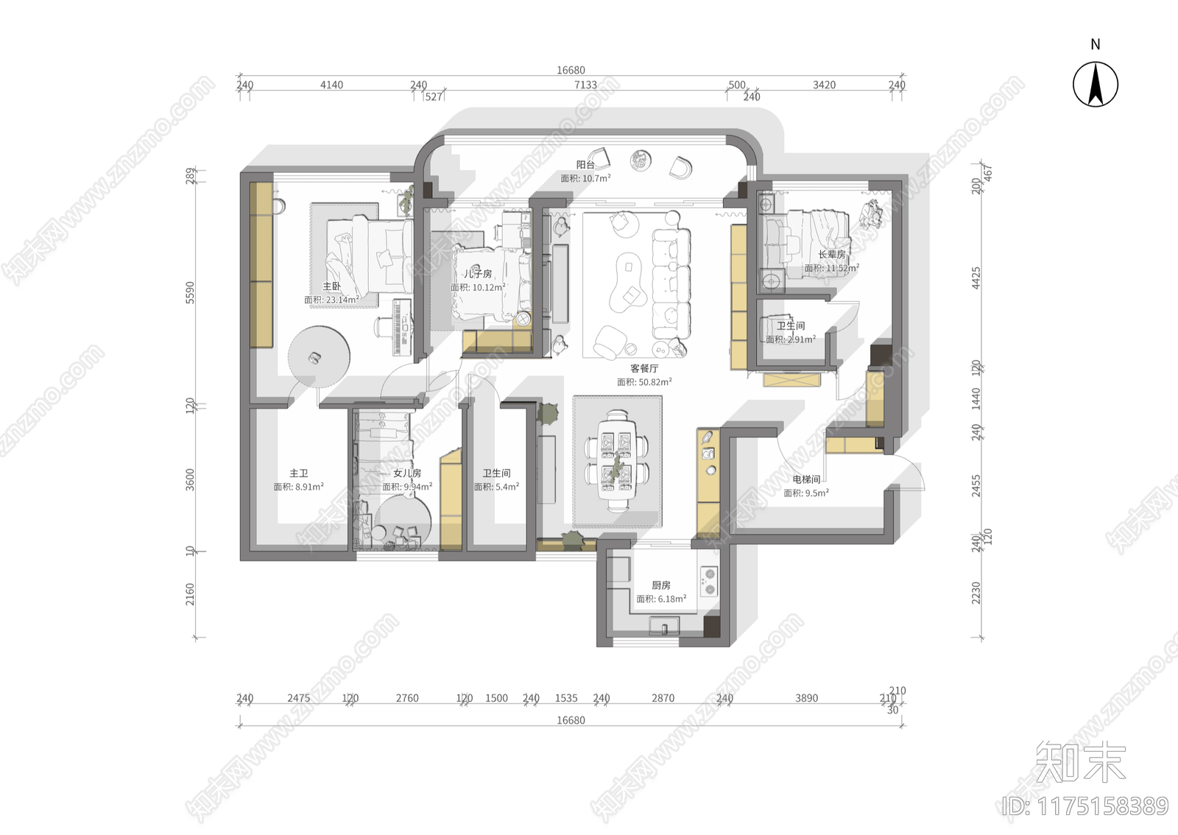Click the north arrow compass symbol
pyautogui.click(x=1095, y=84)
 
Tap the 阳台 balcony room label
pyautogui.click(x=585, y=165)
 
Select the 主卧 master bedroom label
pyautogui.click(x=331, y=286)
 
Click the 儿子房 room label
pyautogui.click(x=478, y=274)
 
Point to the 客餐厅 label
pyautogui.click(x=644, y=368)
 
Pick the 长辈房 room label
pyautogui.click(x=832, y=255)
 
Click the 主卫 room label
pyautogui.click(x=298, y=473)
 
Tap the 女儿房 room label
pyautogui.click(x=407, y=473)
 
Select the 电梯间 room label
pyautogui.click(x=806, y=479)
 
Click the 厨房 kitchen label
pyautogui.click(x=661, y=585)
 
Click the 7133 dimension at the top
pyautogui.click(x=585, y=85)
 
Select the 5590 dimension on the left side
pyautogui.click(x=190, y=292)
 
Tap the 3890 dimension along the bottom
pyautogui.click(x=806, y=698)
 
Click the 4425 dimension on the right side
pyautogui.click(x=976, y=278)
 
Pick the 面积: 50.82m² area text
pyautogui.click(x=644, y=382)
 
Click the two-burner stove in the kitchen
pyautogui.click(x=708, y=581)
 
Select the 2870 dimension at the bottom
pyautogui.click(x=663, y=698)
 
